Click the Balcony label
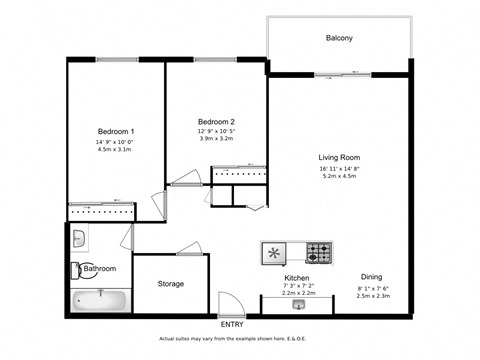pyautogui.click(x=340, y=38)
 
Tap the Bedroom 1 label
pyautogui.click(x=116, y=132)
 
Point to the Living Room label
pyautogui.click(x=339, y=157)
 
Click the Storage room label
pyautogui.click(x=170, y=284)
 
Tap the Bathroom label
pyautogui.click(x=100, y=269)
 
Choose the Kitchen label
pyautogui.click(x=296, y=277)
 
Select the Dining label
pyautogui.click(x=371, y=277)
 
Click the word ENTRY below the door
pyautogui.click(x=231, y=324)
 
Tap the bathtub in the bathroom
pyautogui.click(x=100, y=299)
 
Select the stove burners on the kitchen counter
pyautogui.click(x=319, y=251)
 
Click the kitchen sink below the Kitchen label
pyautogui.click(x=297, y=305)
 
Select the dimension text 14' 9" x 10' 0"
pyautogui.click(x=116, y=143)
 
